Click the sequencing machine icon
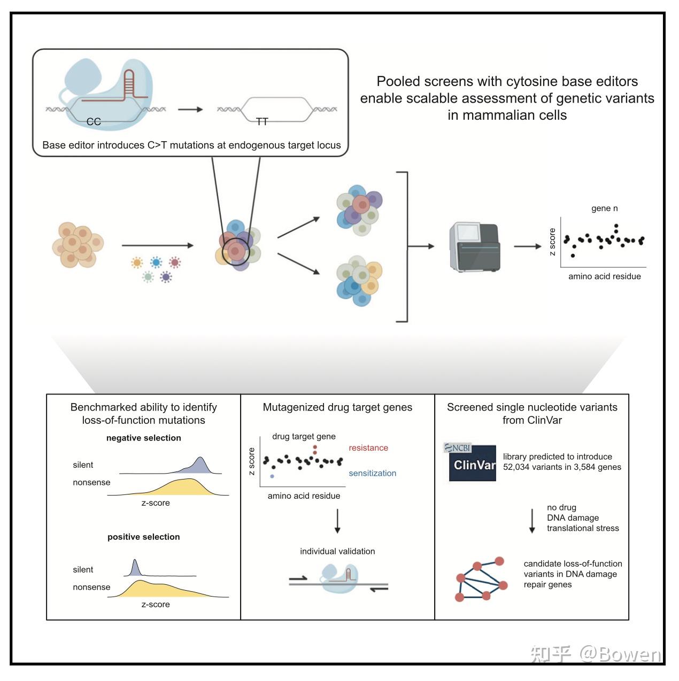pyautogui.click(x=474, y=247)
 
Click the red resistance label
pyautogui.click(x=368, y=448)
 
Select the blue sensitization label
pyautogui.click(x=372, y=473)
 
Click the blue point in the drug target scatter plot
pyautogui.click(x=272, y=476)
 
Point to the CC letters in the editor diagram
pyautogui.click(x=94, y=122)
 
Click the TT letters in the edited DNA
pyautogui.click(x=262, y=122)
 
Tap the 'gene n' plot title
pyautogui.click(x=604, y=208)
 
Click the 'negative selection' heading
pyautogui.click(x=143, y=438)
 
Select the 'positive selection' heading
pyautogui.click(x=143, y=537)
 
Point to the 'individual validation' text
pyautogui.click(x=337, y=551)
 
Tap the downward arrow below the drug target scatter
pyautogui.click(x=337, y=521)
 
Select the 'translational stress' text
pyautogui.click(x=583, y=528)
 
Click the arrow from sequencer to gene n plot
pyautogui.click(x=527, y=246)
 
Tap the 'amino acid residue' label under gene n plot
pyautogui.click(x=604, y=276)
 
